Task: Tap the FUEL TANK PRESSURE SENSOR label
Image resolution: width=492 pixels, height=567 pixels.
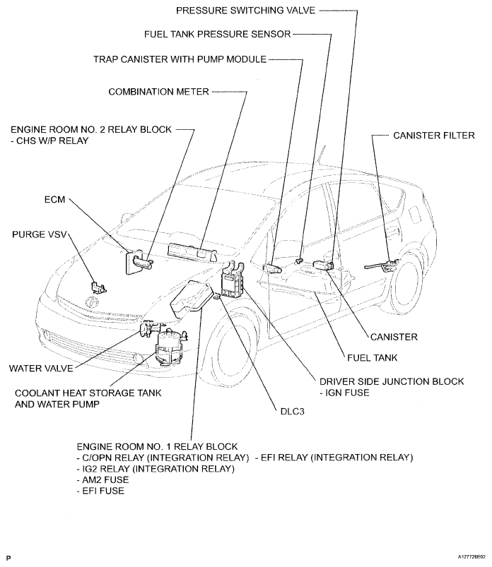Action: click(x=216, y=33)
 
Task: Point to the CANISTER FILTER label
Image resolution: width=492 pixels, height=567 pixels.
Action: click(x=434, y=134)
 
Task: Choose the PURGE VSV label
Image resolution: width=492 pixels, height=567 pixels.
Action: click(x=38, y=232)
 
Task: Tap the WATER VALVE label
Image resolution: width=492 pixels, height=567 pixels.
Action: click(x=38, y=368)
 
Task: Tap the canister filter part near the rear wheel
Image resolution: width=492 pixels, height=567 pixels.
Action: click(x=382, y=265)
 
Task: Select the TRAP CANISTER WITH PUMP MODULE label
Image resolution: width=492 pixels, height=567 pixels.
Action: click(x=180, y=59)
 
